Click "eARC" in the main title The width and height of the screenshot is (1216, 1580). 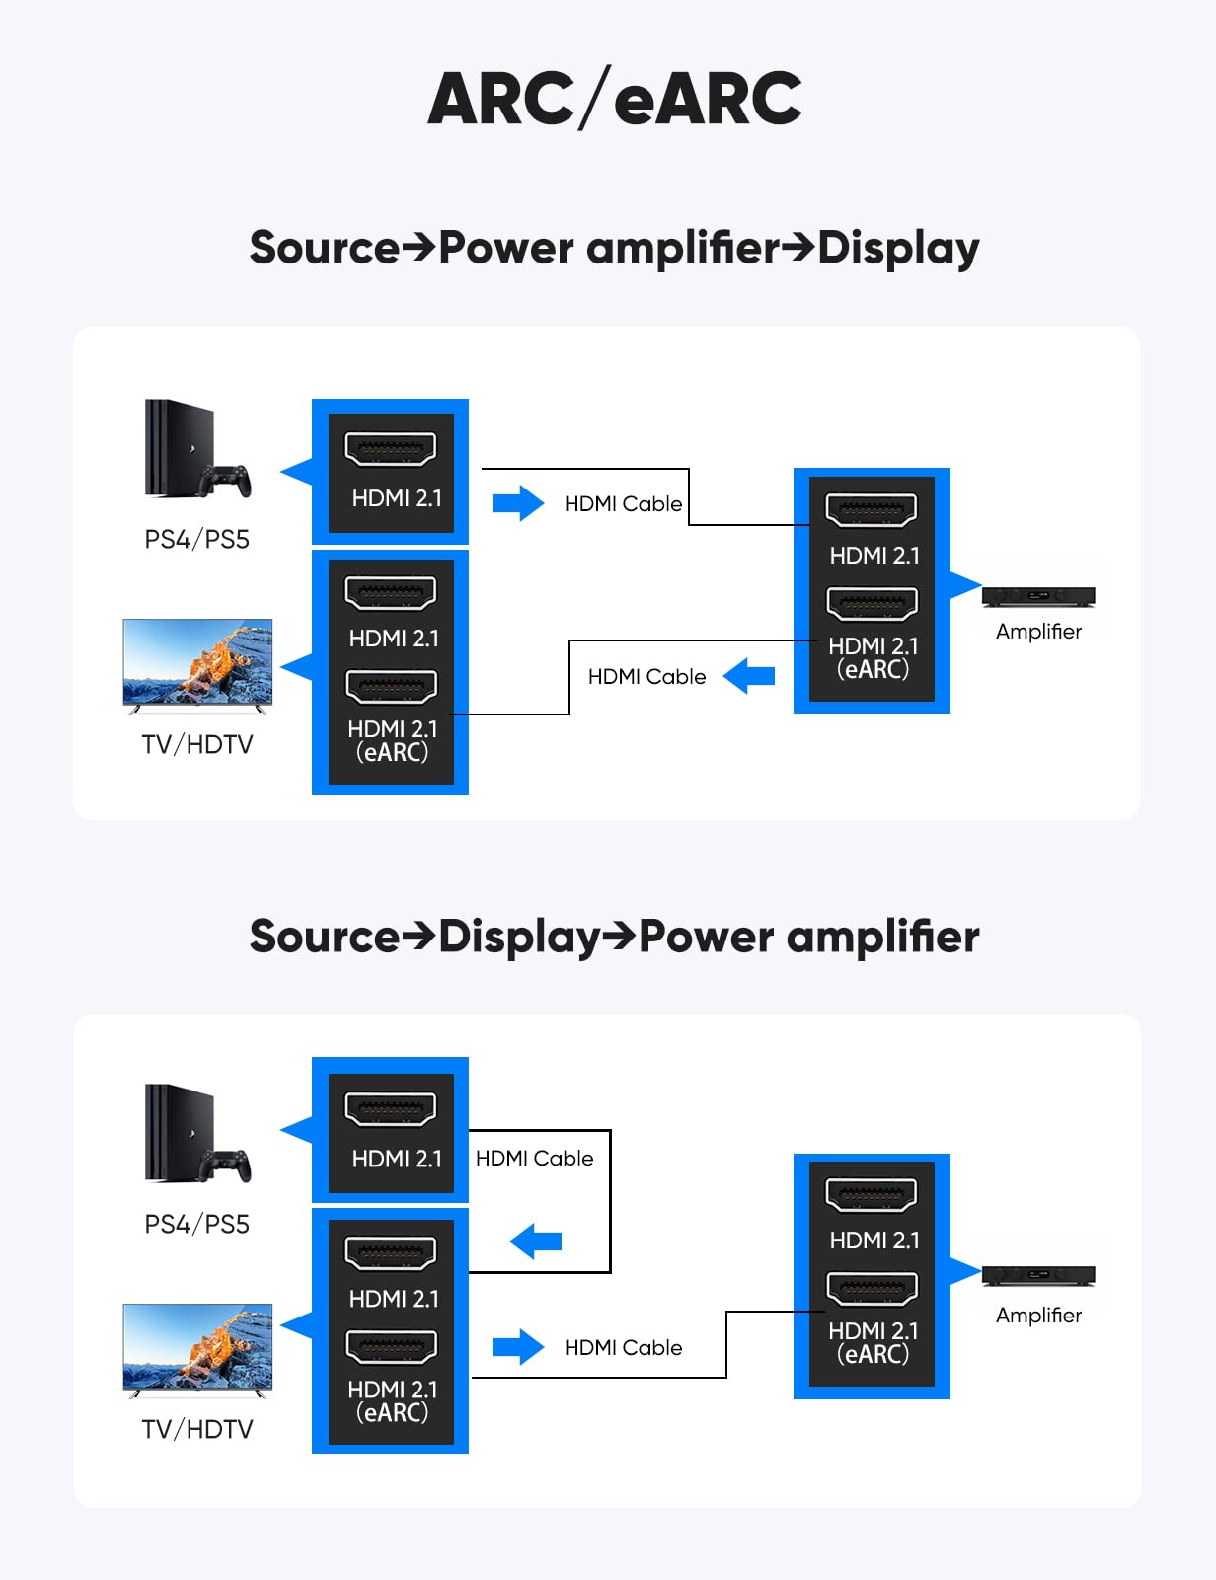708,99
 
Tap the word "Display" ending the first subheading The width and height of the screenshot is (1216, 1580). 898,248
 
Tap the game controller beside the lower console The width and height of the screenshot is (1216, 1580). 226,1166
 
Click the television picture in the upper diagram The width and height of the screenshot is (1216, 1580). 197,662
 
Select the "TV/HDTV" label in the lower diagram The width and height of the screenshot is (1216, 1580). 197,1429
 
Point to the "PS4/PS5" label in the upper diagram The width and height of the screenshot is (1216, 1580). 197,539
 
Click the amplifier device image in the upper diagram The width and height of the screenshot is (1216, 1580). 1038,596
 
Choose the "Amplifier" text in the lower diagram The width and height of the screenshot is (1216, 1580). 1038,1316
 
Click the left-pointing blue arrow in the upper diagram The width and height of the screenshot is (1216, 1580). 749,676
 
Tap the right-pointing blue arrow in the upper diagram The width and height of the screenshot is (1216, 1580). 518,503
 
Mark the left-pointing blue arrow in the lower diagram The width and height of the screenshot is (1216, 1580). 536,1241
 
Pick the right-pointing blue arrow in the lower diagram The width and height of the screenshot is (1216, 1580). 518,1347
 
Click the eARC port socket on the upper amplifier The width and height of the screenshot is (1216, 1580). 873,603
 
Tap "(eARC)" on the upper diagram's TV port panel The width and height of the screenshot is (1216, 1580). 392,753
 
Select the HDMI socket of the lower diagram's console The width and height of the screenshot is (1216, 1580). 391,1108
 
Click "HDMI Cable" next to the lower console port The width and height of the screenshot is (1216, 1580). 535,1159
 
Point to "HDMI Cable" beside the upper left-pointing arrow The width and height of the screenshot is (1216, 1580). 646,677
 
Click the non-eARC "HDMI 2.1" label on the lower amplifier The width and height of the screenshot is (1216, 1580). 874,1241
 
